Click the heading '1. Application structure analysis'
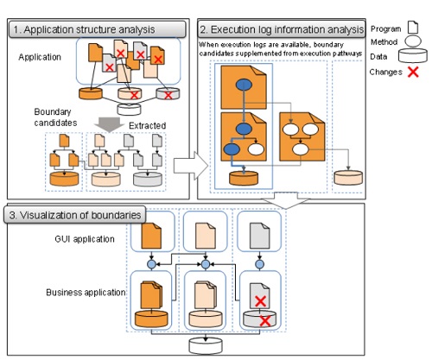[85, 29]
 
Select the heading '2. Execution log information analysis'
[282, 29]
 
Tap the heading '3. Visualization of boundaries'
[75, 215]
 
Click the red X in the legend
[413, 72]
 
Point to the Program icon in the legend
[413, 28]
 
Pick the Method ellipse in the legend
[413, 41]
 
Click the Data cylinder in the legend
[413, 56]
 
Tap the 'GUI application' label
[85, 239]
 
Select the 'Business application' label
[86, 293]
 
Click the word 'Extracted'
[147, 126]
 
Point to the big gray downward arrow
[109, 124]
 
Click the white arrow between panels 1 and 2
[191, 166]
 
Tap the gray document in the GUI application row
[260, 236]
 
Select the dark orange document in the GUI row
[151, 236]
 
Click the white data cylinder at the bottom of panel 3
[206, 345]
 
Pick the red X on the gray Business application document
[260, 301]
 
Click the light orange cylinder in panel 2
[348, 178]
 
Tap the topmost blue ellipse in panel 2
[244, 85]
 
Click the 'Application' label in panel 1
[40, 57]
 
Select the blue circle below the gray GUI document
[260, 264]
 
